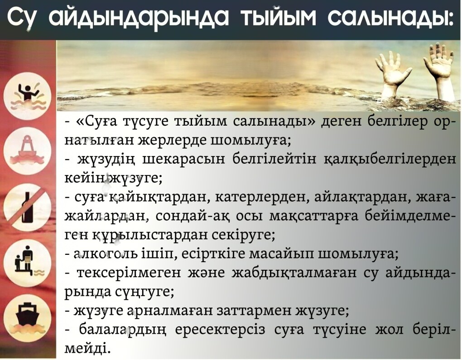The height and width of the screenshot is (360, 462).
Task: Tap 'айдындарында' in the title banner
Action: click(x=138, y=19)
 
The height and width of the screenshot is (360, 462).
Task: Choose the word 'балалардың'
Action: click(x=120, y=330)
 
